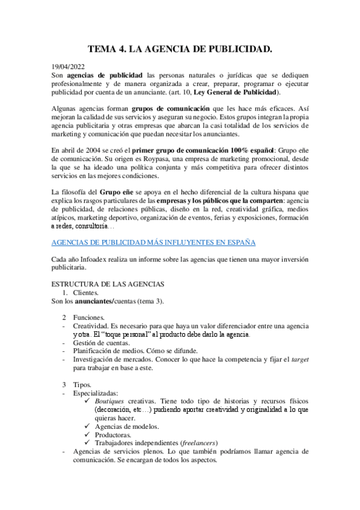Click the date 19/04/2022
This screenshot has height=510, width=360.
click(68, 67)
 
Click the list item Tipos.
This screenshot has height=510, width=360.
click(82, 384)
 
